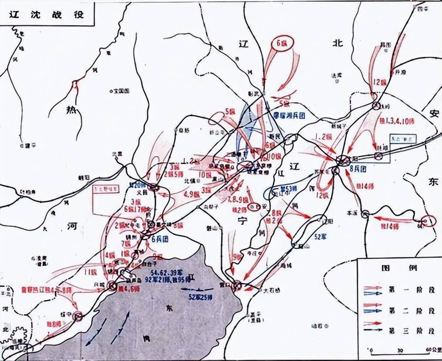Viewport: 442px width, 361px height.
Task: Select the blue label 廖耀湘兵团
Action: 289,114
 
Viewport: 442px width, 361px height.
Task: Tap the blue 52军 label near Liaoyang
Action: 318,237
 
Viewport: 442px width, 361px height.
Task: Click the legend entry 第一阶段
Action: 405,288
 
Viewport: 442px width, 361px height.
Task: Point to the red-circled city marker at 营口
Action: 237,285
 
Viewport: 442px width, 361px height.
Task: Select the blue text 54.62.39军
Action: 167,272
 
